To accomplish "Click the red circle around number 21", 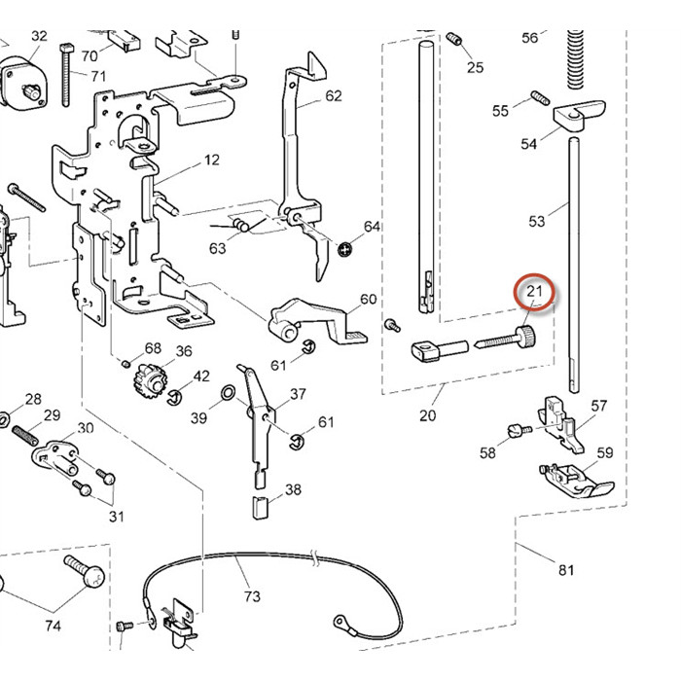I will tap(534, 291).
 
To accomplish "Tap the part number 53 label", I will tap(537, 221).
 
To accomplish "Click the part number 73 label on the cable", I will tap(252, 595).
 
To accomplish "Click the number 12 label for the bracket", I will tap(211, 160).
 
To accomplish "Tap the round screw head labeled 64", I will tap(345, 249).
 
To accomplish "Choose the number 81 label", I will tap(566, 569).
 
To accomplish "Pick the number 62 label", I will tap(334, 95).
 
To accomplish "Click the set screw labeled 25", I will tap(454, 39).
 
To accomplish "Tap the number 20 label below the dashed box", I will tap(427, 415).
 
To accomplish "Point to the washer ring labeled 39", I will tap(226, 394).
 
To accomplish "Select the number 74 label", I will tap(53, 627).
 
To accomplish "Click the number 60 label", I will tap(368, 299).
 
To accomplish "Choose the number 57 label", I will tap(599, 406).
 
